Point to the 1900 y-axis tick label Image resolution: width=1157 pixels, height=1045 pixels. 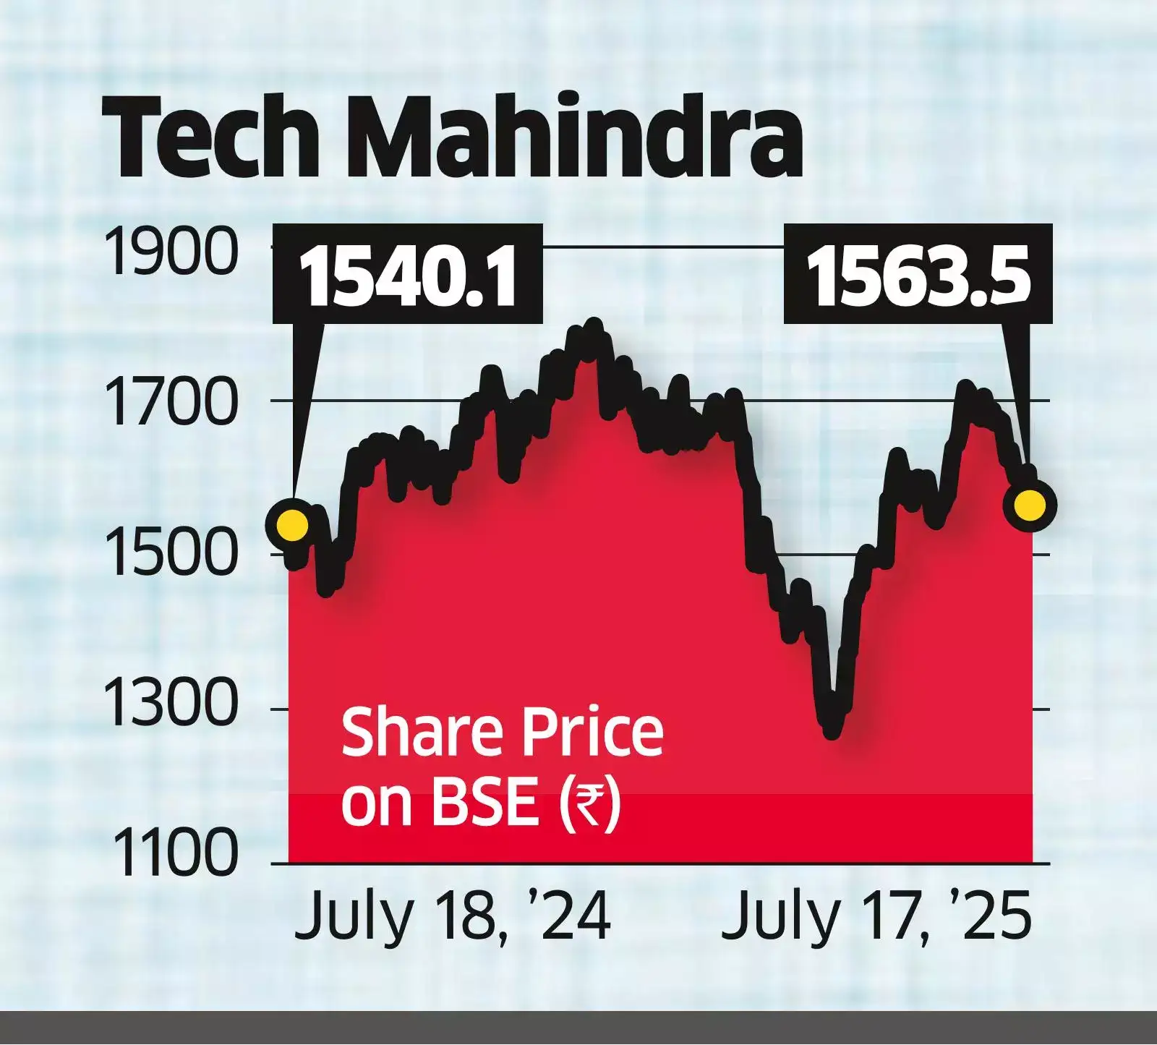coord(171,250)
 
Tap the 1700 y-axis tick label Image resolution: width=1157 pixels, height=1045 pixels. coord(171,403)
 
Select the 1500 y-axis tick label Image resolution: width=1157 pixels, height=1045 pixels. coord(171,557)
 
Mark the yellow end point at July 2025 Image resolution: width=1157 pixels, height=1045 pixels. coord(1030,504)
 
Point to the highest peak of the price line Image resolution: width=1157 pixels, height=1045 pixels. coord(594,325)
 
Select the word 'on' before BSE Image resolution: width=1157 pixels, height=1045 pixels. coord(372,804)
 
